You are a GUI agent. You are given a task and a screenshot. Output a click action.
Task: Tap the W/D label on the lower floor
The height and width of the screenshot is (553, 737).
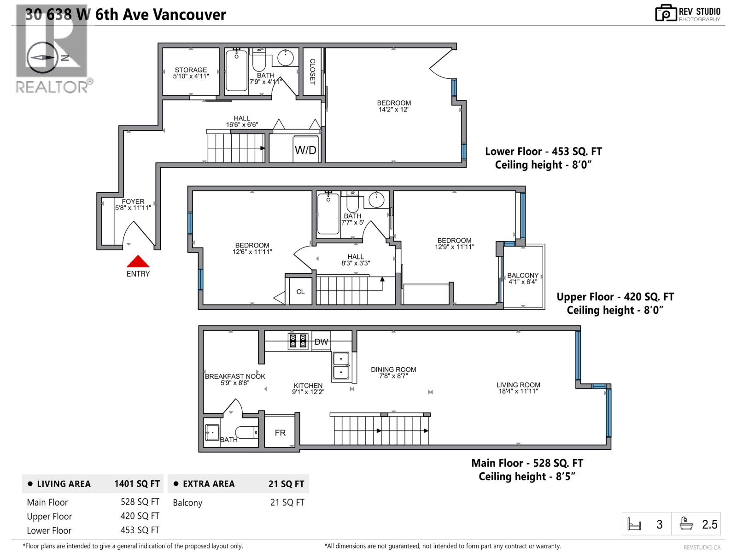click(305, 150)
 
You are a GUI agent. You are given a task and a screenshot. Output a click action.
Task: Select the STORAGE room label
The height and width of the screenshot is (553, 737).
click(191, 70)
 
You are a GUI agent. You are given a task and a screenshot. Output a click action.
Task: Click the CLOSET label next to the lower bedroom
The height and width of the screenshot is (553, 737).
click(312, 71)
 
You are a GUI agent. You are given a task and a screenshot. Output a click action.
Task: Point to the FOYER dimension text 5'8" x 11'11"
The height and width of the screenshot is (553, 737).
click(133, 208)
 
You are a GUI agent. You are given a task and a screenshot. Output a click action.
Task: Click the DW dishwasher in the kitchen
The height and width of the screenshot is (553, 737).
click(322, 341)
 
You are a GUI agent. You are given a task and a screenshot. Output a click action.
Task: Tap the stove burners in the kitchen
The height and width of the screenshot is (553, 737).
click(298, 341)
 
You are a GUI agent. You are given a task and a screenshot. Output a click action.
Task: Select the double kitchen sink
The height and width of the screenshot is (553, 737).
click(341, 365)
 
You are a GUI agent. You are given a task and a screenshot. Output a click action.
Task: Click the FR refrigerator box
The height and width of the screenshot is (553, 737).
click(280, 433)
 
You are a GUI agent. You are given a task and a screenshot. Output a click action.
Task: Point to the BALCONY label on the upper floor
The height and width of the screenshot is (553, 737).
click(523, 275)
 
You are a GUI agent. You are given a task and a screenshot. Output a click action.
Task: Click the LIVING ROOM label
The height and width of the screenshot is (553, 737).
click(518, 385)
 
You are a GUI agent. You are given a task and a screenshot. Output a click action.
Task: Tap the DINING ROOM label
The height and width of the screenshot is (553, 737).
click(393, 369)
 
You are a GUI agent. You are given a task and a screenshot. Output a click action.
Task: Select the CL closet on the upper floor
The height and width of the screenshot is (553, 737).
click(300, 292)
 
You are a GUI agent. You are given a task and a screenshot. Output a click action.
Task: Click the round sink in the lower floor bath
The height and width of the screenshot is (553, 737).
click(286, 59)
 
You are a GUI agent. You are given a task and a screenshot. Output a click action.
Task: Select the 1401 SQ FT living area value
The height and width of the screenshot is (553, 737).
click(137, 484)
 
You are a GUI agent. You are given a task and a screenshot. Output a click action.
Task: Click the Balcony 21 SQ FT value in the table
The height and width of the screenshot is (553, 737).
click(287, 502)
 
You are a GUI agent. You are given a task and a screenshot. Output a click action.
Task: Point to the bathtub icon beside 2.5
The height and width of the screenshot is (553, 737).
click(686, 524)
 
